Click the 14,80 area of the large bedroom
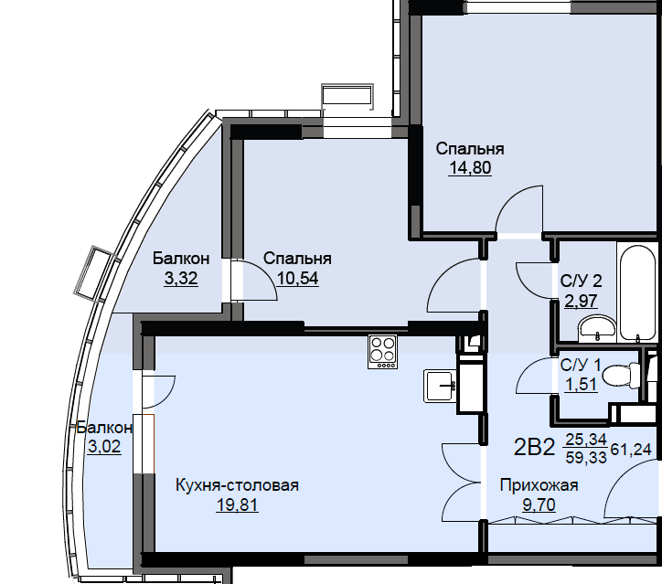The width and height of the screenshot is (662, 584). click(x=470, y=168)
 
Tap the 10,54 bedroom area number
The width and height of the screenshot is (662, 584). click(x=298, y=279)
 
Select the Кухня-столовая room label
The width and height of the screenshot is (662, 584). click(x=237, y=485)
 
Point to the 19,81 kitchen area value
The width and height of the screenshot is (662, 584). click(x=237, y=504)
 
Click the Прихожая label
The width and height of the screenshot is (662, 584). click(x=539, y=485)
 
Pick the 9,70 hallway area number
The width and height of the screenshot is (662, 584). click(x=539, y=504)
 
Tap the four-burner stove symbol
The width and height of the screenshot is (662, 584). click(x=382, y=352)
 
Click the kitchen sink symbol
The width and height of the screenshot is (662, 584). click(x=441, y=386)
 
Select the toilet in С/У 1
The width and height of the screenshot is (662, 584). click(x=620, y=375)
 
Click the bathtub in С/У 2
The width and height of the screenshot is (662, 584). click(x=639, y=292)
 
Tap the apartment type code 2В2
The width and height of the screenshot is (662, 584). click(x=534, y=448)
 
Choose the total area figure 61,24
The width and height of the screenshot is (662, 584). click(x=631, y=450)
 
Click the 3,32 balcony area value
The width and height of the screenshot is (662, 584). click(x=181, y=279)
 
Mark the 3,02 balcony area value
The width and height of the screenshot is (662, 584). click(x=104, y=446)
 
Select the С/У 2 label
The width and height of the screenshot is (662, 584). click(x=581, y=281)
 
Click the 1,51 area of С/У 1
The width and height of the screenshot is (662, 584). click(x=581, y=385)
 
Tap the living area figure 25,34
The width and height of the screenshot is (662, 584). click(x=586, y=440)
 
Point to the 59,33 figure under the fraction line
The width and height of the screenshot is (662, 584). click(x=586, y=457)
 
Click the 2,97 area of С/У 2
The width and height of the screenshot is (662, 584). click(x=581, y=302)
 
